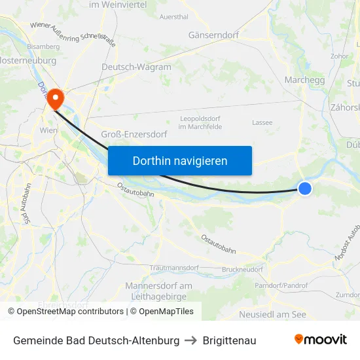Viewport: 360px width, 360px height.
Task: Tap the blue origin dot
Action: click(305, 189)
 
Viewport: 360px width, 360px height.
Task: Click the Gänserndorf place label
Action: click(213, 35)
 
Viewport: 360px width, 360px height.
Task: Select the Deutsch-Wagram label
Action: click(136, 67)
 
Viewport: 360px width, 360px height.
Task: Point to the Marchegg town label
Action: click(305, 80)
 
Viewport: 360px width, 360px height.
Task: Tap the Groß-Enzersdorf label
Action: click(134, 134)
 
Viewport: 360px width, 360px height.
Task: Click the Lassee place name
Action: click(262, 122)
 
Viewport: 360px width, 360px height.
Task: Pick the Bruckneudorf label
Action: click(242, 270)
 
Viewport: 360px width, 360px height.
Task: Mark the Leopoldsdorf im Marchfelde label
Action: click(201, 122)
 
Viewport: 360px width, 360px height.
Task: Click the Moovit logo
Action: click(320, 340)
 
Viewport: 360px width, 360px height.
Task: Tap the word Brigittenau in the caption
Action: click(229, 340)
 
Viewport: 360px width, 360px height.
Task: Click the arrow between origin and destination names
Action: click(191, 340)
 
